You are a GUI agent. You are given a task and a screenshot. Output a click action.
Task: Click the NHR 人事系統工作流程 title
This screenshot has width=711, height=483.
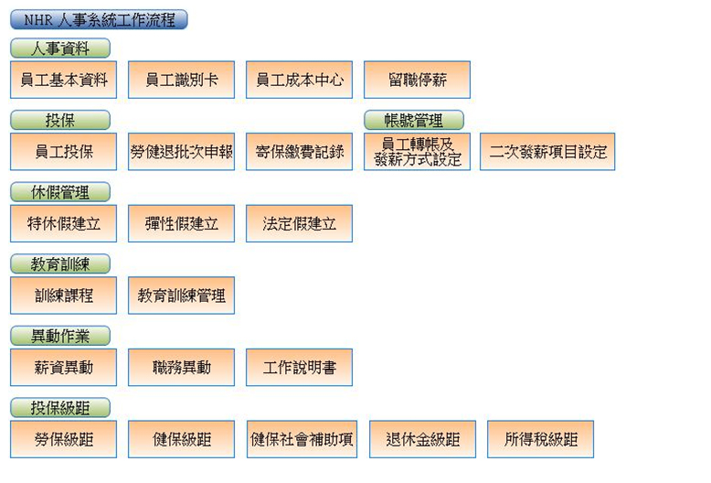(99, 19)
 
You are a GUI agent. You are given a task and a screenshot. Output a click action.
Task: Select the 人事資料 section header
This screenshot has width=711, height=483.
(60, 48)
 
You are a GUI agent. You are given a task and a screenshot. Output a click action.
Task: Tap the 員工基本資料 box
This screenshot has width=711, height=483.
(64, 80)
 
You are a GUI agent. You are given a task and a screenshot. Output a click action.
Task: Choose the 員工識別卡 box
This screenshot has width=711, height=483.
(181, 80)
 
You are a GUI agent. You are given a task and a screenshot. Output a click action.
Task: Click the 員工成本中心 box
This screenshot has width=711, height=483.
(299, 80)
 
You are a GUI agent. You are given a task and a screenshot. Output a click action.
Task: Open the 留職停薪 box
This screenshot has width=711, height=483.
(417, 80)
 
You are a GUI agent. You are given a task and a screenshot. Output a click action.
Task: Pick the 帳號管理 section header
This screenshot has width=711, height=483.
(414, 120)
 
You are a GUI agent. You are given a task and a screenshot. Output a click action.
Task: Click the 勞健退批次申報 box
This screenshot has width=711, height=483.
(181, 152)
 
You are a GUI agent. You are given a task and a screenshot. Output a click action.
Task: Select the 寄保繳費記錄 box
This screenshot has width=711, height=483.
(299, 152)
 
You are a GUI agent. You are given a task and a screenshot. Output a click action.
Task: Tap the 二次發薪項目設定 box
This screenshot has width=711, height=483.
(547, 152)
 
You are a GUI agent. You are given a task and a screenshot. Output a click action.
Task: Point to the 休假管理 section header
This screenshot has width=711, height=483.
(60, 192)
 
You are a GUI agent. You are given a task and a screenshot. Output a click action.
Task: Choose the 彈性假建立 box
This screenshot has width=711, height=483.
(181, 223)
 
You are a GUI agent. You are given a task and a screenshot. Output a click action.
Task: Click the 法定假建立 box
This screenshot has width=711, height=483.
(299, 223)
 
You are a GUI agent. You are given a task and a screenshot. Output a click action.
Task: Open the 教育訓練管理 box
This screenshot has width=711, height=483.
(181, 295)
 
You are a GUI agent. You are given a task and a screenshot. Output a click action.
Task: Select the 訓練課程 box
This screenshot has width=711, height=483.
(64, 295)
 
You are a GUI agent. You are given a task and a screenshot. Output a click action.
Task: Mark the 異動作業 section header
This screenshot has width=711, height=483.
(60, 336)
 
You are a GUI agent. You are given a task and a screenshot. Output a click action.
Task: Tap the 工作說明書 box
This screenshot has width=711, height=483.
(299, 367)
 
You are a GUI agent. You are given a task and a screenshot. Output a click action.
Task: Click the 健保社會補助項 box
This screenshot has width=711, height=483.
(302, 439)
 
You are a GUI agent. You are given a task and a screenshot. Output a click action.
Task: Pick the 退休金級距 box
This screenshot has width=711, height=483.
(422, 439)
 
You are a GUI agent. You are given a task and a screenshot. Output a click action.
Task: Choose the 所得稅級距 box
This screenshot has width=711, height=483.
(540, 439)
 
